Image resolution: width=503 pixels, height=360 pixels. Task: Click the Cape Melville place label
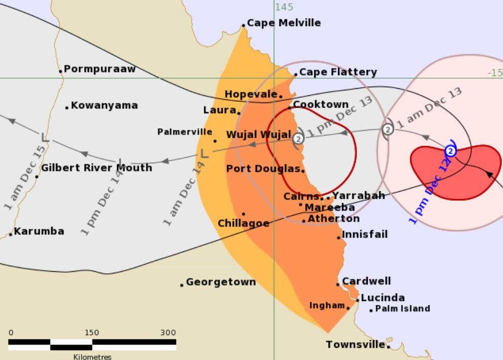(x=284, y=23)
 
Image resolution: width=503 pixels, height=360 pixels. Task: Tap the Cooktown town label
(x=321, y=104)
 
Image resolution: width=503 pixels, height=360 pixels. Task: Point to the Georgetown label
(x=221, y=282)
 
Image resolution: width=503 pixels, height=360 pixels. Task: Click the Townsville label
(x=355, y=345)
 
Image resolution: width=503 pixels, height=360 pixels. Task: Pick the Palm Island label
(x=403, y=308)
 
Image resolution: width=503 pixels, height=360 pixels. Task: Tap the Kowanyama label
(x=104, y=105)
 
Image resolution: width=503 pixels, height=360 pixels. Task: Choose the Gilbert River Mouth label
(x=96, y=168)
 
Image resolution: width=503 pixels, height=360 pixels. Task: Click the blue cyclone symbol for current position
(x=450, y=151)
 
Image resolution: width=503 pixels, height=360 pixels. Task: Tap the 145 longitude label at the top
(x=284, y=7)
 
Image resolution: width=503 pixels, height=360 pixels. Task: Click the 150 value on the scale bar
(x=92, y=333)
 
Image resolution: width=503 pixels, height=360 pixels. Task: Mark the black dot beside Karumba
(x=11, y=234)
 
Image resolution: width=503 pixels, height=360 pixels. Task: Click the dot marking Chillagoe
(x=243, y=214)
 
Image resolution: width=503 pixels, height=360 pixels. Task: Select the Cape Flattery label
(x=338, y=72)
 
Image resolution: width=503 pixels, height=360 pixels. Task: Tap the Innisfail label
(x=365, y=234)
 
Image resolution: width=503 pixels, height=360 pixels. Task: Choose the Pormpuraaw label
(x=100, y=69)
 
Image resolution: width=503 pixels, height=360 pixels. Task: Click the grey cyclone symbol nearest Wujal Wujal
(x=298, y=138)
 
